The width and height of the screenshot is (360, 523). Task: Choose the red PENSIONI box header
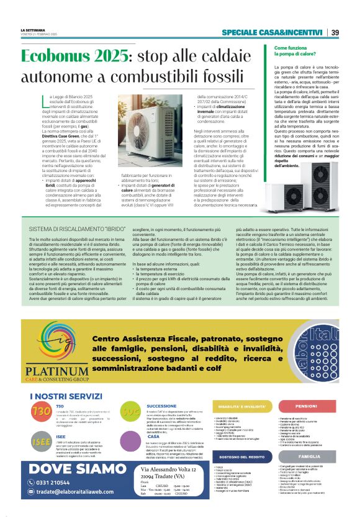pyautogui.click(x=306, y=389)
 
